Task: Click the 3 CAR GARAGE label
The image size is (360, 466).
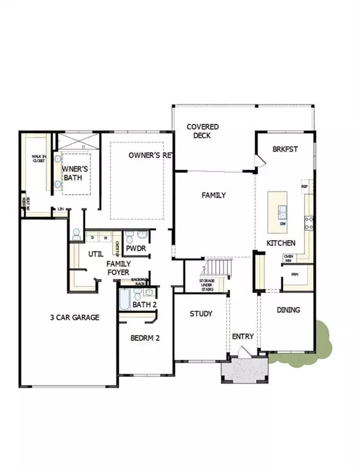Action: [75, 317]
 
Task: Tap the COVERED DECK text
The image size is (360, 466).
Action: [203, 131]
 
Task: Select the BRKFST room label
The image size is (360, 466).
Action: [285, 149]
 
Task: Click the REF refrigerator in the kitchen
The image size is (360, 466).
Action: [305, 187]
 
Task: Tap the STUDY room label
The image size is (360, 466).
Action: [200, 314]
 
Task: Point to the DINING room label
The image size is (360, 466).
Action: [288, 309]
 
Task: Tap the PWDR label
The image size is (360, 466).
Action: [135, 249]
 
